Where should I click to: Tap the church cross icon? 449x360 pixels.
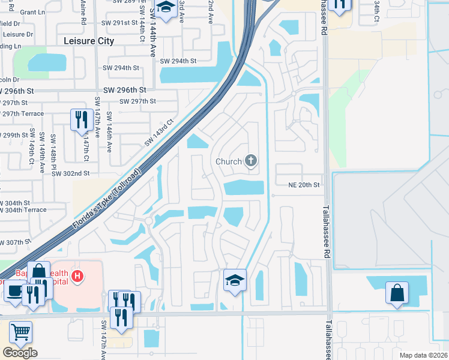pos(251,160)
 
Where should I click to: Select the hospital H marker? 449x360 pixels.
pos(77,276)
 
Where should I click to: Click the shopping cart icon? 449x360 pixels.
pos(20,331)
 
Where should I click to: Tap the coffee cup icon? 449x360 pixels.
pos(14,291)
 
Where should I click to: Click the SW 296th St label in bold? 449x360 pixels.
pos(125,89)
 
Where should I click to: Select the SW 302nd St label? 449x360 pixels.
pos(70,173)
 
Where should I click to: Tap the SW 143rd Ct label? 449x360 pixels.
pos(158,133)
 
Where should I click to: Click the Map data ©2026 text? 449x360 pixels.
pos(423,355)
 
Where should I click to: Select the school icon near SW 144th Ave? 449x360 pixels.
pos(165,8)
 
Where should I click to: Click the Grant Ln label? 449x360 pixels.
pos(28,12)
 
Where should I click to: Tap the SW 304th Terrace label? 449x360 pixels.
pos(23,209)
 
